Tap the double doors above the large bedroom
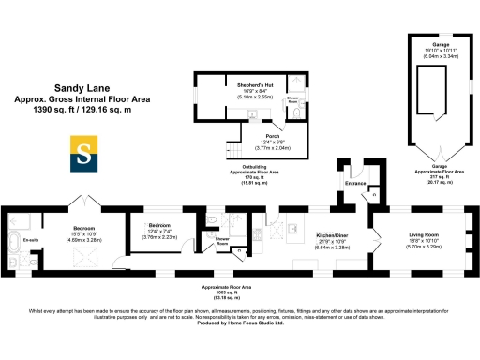coord(80,202)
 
